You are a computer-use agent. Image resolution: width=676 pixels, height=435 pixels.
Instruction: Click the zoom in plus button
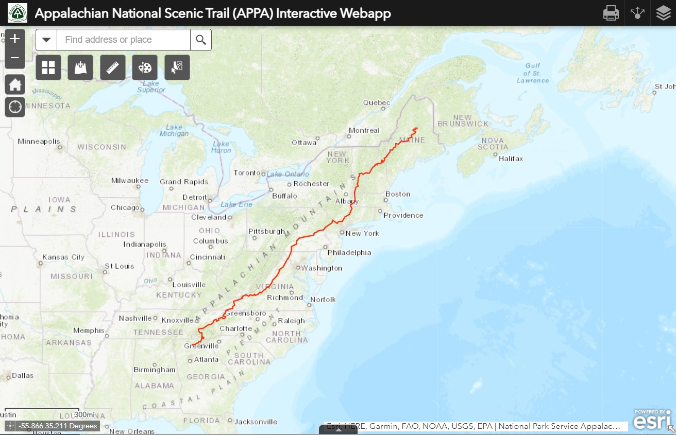point(15,39)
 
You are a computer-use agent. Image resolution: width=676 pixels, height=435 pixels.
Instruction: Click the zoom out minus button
point(15,58)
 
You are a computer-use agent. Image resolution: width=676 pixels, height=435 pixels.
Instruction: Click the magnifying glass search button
point(201,40)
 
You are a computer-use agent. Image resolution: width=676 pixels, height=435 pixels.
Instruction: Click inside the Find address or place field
point(123,40)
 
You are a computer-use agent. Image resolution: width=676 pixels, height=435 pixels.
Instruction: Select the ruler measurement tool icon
point(113,67)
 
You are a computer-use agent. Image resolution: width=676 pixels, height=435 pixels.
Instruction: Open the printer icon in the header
point(611,13)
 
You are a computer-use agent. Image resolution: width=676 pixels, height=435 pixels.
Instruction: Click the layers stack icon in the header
point(664,13)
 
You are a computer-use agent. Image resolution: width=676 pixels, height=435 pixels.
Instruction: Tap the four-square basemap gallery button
point(48,67)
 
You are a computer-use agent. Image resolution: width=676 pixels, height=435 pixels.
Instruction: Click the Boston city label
point(398,194)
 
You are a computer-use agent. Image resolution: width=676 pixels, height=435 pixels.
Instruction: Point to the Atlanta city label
point(206,359)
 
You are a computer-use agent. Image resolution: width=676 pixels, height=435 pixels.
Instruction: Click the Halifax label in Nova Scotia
point(511,159)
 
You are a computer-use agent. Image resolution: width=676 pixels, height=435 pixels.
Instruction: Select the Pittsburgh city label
point(266,231)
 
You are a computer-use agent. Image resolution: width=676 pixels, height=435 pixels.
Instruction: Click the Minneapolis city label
point(39,141)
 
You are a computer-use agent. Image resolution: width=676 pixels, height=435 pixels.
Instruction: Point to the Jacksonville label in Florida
point(256,422)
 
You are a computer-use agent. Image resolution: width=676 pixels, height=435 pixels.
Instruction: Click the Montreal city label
point(364,130)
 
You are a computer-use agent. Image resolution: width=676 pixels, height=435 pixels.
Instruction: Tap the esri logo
point(652,420)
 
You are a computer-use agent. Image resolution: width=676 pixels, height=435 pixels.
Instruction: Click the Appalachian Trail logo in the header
point(18,13)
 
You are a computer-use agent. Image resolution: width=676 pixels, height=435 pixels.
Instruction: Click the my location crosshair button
point(15,107)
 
